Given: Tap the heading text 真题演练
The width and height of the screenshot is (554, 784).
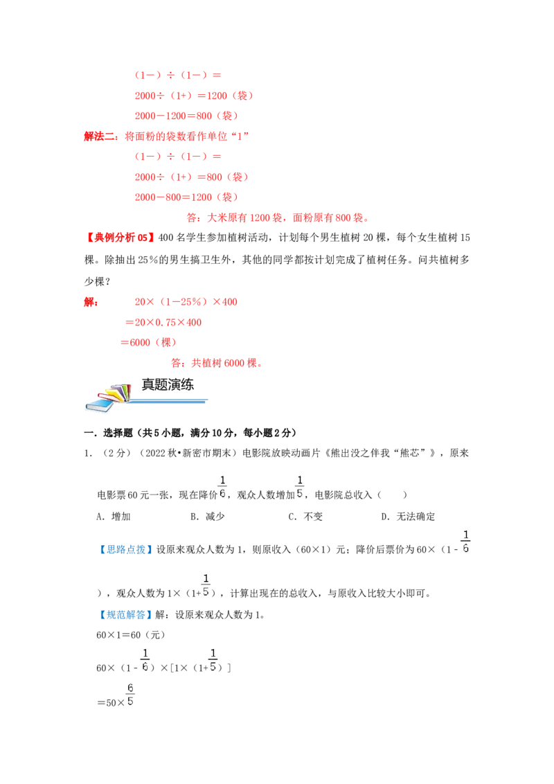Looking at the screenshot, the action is [168, 384].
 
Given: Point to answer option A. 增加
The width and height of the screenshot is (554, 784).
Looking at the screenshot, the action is [114, 517].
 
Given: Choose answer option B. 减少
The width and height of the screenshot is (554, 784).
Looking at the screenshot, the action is [208, 517].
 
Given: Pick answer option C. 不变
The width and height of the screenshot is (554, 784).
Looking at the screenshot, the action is [305, 517].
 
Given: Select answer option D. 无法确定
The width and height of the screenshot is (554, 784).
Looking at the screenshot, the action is [408, 517].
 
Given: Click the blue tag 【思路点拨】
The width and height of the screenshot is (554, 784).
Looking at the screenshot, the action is [125, 549].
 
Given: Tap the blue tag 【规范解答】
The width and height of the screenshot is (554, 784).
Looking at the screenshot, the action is [125, 614].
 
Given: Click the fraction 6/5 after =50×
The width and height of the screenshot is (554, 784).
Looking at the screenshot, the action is [130, 695].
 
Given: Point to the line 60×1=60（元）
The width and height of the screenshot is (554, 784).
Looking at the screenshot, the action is [130, 635].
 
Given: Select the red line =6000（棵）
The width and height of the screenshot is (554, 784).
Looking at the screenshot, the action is [148, 343].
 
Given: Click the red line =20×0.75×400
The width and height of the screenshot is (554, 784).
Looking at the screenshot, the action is [163, 323].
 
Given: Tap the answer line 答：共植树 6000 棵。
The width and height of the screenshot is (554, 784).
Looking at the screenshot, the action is [217, 363].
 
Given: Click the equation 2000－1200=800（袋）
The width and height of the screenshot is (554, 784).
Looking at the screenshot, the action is [186, 116].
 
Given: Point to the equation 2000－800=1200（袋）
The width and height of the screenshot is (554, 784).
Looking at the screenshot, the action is [186, 197].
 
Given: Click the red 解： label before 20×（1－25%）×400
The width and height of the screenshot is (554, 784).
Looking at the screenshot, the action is [91, 302].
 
